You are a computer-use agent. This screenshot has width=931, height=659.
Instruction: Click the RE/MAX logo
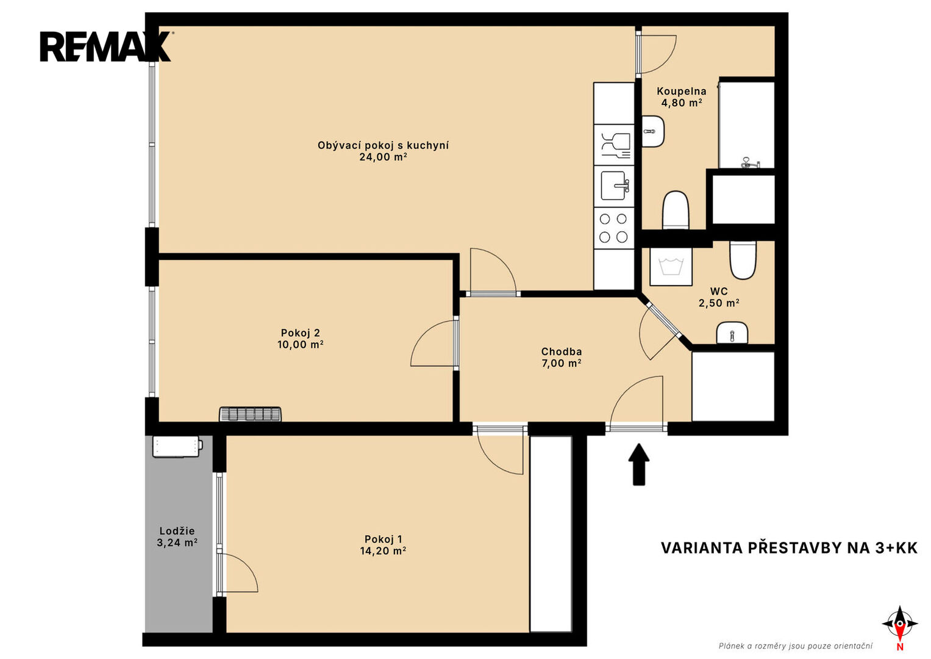(x=106, y=46)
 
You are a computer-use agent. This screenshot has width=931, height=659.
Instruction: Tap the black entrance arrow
(x=638, y=464)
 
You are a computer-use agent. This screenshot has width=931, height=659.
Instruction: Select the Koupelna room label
(x=681, y=91)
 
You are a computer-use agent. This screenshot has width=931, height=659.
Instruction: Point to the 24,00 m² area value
(x=383, y=157)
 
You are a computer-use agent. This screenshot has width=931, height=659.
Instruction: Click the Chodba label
(x=561, y=351)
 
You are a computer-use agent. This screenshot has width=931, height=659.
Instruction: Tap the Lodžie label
(x=177, y=531)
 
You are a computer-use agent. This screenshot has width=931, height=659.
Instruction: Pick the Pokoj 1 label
(x=383, y=539)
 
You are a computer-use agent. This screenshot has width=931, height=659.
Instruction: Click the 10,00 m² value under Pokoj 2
(x=300, y=345)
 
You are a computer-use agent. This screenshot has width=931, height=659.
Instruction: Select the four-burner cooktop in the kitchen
(x=613, y=228)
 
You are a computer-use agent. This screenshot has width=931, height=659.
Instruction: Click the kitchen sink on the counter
(x=614, y=186)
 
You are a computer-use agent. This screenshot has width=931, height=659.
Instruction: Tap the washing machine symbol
(x=671, y=267)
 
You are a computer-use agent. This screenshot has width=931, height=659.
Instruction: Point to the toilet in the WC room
(x=743, y=259)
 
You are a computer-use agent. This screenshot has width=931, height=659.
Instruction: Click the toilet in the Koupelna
(x=676, y=210)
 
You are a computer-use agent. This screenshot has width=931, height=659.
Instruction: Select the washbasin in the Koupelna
(x=653, y=131)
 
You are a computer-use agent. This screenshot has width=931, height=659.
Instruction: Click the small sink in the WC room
(x=732, y=333)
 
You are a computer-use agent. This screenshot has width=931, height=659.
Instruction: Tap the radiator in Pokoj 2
(x=250, y=414)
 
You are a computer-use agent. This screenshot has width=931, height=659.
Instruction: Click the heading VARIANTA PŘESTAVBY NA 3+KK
(x=790, y=548)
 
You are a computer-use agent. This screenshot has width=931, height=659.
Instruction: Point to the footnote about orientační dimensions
(x=796, y=646)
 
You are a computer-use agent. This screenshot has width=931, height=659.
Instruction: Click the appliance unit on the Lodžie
(x=177, y=447)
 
